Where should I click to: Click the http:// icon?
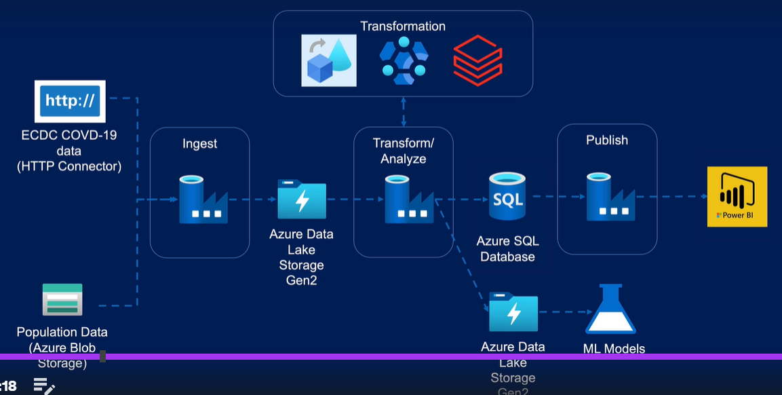click(x=70, y=101)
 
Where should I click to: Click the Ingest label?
click(x=199, y=143)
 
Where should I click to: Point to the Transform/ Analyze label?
click(x=404, y=151)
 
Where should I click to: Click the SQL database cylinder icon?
click(x=507, y=197)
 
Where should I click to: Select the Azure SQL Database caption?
click(x=507, y=249)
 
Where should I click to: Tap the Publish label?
click(x=607, y=140)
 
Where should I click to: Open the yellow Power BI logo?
click(x=737, y=196)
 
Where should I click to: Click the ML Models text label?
click(x=614, y=349)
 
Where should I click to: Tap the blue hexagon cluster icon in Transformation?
click(x=404, y=60)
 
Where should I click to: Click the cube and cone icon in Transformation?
click(x=329, y=60)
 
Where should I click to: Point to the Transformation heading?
click(x=403, y=26)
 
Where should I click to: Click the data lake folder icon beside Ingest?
click(x=302, y=199)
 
